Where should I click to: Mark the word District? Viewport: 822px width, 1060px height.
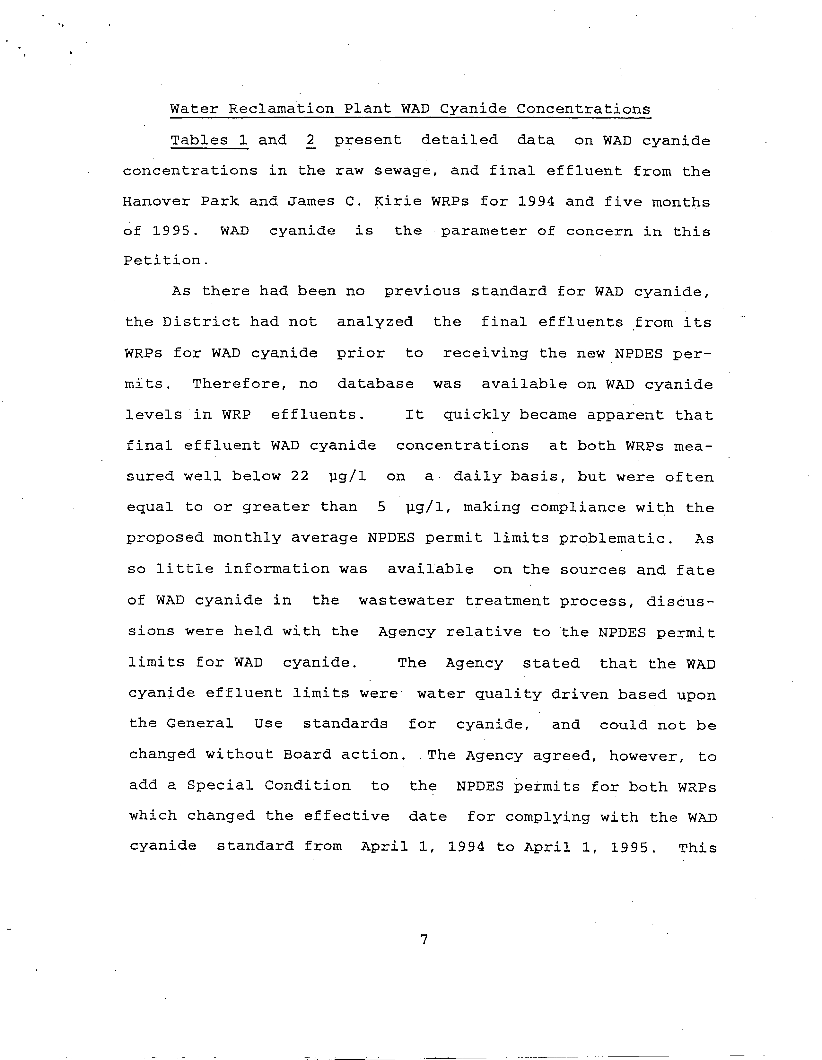pos(201,322)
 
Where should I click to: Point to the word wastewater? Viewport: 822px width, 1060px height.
pos(407,601)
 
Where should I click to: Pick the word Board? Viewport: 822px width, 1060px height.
pos(307,755)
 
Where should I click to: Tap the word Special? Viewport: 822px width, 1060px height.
pos(220,785)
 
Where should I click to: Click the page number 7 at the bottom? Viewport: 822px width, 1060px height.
pos(424,940)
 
